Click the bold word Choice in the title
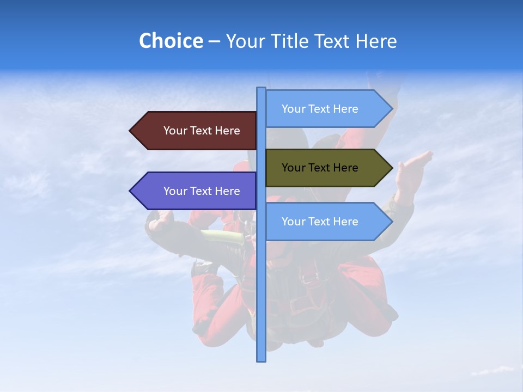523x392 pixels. [171, 41]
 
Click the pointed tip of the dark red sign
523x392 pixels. [131, 131]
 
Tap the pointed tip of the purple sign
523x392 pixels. [131, 191]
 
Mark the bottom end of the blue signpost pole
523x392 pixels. [261, 359]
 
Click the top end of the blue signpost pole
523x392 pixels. [261, 89]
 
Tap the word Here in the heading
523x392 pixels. [376, 41]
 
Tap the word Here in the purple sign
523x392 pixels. [227, 191]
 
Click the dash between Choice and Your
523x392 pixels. [214, 41]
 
